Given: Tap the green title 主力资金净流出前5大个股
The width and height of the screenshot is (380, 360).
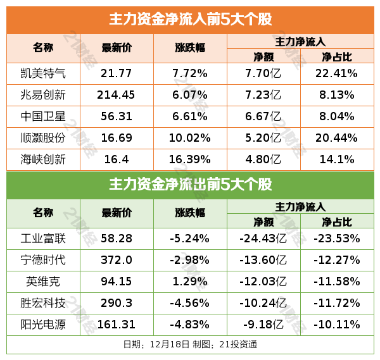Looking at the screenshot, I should coord(190,185).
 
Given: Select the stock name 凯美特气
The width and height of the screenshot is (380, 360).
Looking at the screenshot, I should coord(43,73).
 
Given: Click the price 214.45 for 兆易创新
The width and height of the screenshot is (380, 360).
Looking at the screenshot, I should coord(117,95).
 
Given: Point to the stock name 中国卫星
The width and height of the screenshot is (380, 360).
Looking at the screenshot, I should coord(43,116).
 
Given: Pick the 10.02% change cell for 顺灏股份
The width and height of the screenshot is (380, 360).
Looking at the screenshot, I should coord(190,138).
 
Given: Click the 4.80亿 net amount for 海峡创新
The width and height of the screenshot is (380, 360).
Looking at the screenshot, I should coord(263,159).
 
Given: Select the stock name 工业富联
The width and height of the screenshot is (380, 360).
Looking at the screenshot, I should coord(43,239).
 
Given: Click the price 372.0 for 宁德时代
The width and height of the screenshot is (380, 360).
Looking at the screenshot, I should coord(117,260).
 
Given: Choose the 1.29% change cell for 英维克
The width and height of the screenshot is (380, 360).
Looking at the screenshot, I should coord(190,282).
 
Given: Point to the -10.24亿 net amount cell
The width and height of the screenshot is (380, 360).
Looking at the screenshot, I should coord(263,303).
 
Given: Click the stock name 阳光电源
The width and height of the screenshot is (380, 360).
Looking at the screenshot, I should coord(43,325).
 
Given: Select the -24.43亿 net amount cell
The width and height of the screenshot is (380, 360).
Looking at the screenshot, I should coord(263,239).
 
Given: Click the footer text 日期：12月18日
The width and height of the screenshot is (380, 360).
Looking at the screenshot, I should coord(156,345).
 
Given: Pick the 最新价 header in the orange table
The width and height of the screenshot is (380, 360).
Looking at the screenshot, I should coord(117,48).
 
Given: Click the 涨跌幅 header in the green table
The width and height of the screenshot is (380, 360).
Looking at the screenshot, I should coord(190,213).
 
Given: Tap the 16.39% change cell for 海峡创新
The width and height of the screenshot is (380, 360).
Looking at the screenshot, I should coord(190,159).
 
